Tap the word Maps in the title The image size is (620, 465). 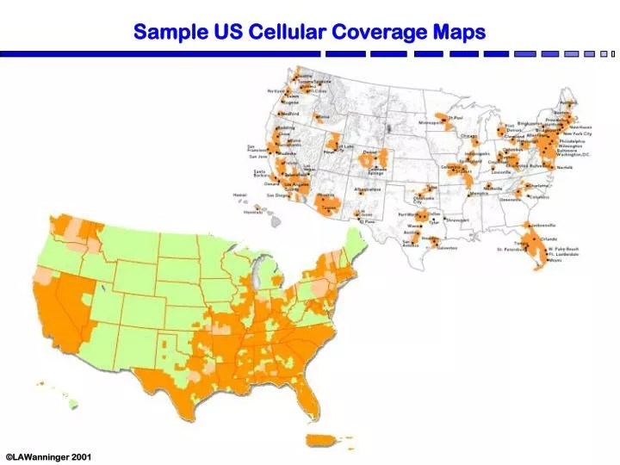click(458, 33)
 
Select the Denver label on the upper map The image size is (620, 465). click(370, 152)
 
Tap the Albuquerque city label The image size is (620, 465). click(367, 189)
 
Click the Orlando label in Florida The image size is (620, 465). click(549, 239)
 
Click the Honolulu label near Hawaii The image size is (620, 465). click(253, 211)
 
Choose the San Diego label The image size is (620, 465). click(276, 195)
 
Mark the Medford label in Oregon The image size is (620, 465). click(290, 114)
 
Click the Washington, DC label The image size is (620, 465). click(573, 154)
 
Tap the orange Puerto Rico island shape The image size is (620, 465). click(322, 440)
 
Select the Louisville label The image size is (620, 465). click(501, 171)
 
